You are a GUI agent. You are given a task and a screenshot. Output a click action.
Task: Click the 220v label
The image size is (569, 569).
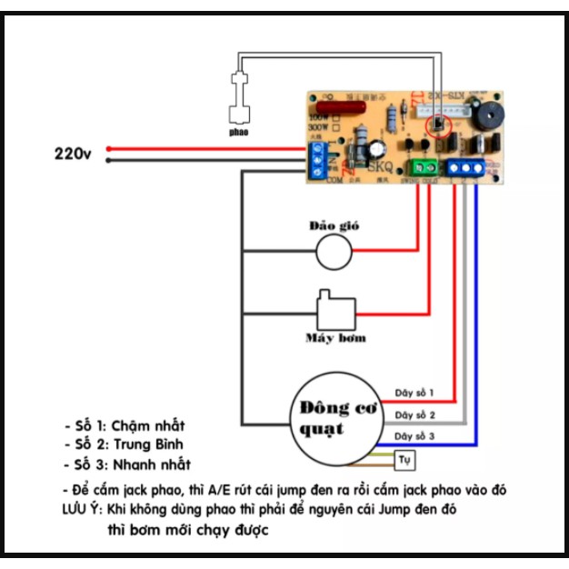tap(73, 155)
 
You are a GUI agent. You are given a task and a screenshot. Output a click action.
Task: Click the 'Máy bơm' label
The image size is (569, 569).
tap(335, 338)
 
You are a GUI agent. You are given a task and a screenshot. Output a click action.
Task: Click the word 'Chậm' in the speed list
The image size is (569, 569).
tap(135, 425)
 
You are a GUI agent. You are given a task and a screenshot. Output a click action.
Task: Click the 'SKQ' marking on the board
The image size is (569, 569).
tap(379, 166)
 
